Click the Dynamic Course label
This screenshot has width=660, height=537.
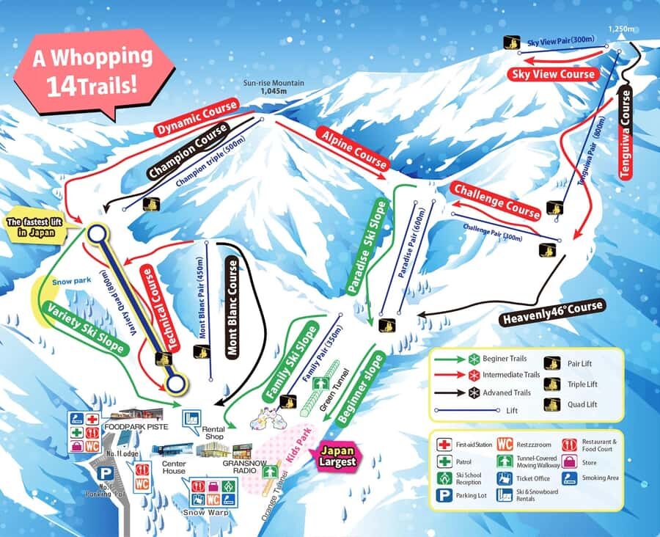tap(197, 118)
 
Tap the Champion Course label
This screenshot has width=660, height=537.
tap(187, 151)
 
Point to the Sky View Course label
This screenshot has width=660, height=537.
tap(553, 74)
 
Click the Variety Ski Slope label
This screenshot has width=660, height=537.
tap(84, 329)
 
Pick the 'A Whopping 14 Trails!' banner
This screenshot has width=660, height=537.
tap(92, 70)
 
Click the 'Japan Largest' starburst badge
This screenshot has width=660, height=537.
tap(338, 456)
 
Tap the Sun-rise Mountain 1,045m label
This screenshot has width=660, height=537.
tap(273, 87)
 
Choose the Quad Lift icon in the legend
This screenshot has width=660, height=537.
tap(549, 404)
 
